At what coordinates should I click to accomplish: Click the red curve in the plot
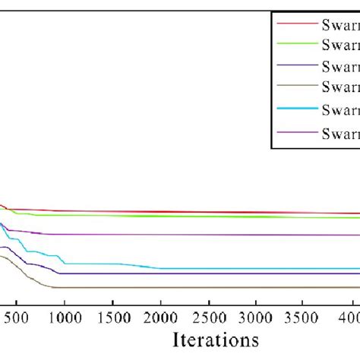point(190,212)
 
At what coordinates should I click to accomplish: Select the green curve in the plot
point(190,216)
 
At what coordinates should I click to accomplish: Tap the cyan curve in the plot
point(228,268)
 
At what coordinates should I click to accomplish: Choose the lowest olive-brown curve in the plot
point(190,287)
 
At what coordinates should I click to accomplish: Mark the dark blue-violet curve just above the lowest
point(190,273)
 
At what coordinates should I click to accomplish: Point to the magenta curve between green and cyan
point(190,235)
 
